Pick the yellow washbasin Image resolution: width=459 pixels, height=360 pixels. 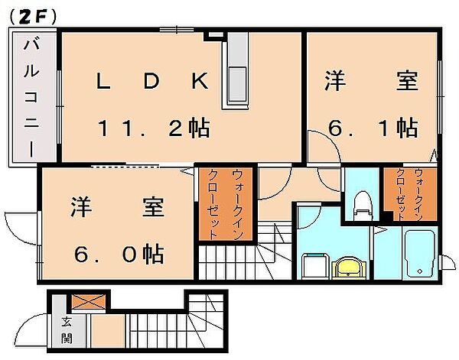click(x=349, y=268)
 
